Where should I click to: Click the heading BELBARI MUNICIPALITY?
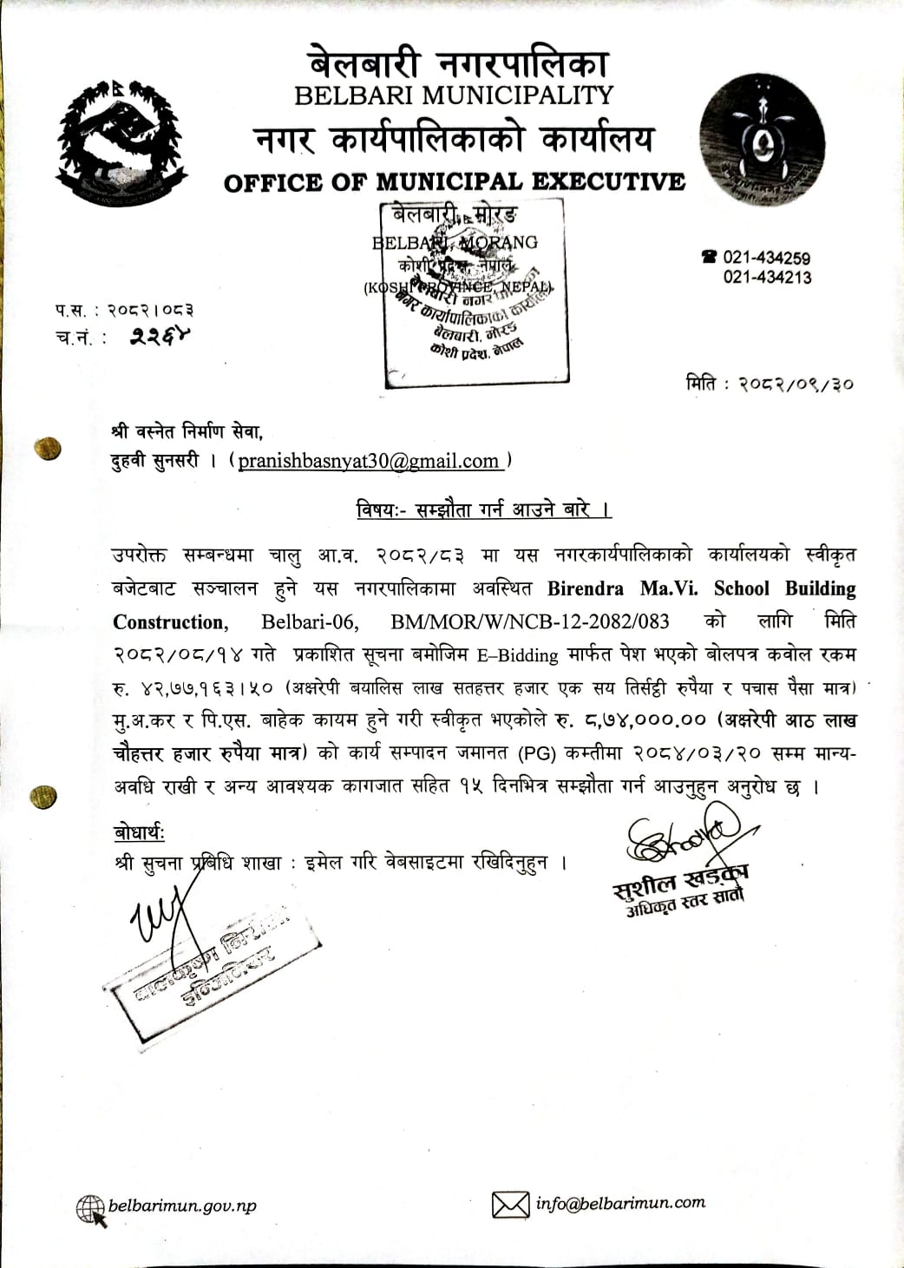point(454,95)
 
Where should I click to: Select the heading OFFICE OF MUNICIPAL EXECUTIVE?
point(454,182)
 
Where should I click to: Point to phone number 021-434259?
point(767,258)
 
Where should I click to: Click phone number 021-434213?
point(767,278)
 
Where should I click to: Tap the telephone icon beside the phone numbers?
point(710,257)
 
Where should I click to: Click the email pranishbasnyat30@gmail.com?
point(369,461)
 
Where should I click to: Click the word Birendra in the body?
point(585,588)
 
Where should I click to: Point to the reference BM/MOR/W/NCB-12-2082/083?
point(530,621)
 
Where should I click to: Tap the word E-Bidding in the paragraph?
point(518,655)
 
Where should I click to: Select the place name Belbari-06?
point(303,621)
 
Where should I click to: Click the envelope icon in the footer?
point(510,1205)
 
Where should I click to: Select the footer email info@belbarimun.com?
point(620,1203)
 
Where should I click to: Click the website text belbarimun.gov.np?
point(182,1206)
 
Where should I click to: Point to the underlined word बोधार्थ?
point(139,833)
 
